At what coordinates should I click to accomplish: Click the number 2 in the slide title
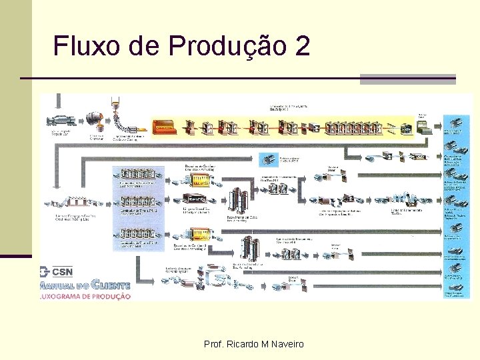[301, 46]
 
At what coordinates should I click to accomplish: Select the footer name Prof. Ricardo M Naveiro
[253, 344]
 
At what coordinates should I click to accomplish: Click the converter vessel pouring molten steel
[95, 121]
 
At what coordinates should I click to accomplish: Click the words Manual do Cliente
[85, 283]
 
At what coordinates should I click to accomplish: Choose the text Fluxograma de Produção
[85, 296]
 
